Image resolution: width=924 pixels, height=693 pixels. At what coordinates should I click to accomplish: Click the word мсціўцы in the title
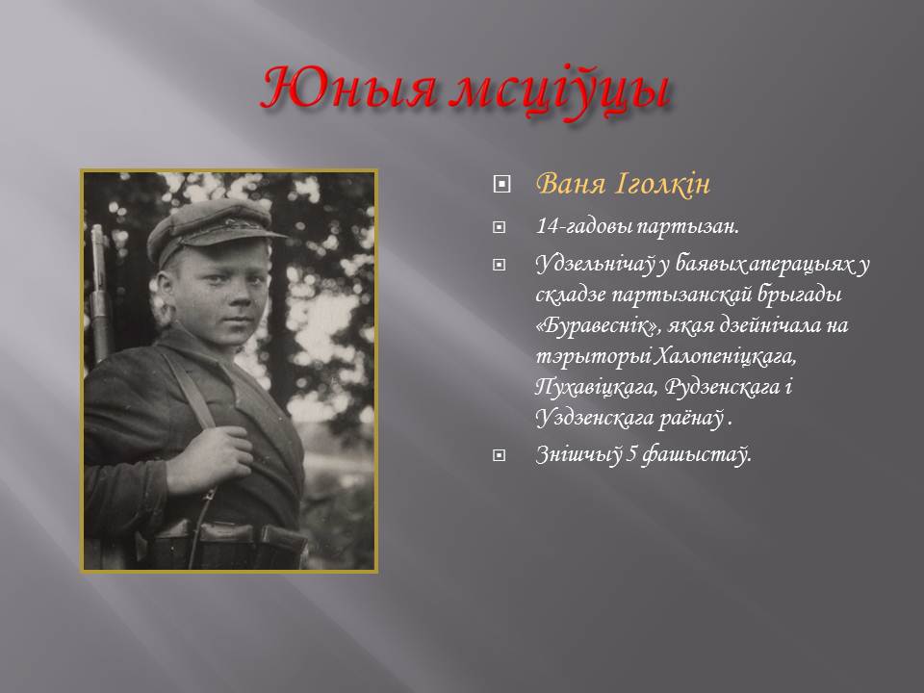pyautogui.click(x=562, y=92)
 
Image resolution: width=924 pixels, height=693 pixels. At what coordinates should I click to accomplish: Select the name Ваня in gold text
pyautogui.click(x=571, y=183)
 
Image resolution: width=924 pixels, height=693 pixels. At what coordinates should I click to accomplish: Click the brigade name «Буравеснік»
pyautogui.click(x=600, y=326)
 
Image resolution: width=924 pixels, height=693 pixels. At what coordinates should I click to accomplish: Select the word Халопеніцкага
pyautogui.click(x=726, y=356)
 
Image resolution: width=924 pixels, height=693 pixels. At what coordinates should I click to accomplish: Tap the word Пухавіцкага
pyautogui.click(x=597, y=387)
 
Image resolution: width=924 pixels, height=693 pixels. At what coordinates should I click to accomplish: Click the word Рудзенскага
pyautogui.click(x=723, y=387)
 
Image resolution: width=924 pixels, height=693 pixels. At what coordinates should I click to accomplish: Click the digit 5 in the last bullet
pyautogui.click(x=631, y=454)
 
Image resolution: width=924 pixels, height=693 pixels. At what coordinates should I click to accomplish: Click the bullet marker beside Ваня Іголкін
pyautogui.click(x=500, y=185)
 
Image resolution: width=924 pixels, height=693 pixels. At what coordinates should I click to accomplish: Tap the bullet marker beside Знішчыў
pyautogui.click(x=500, y=455)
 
